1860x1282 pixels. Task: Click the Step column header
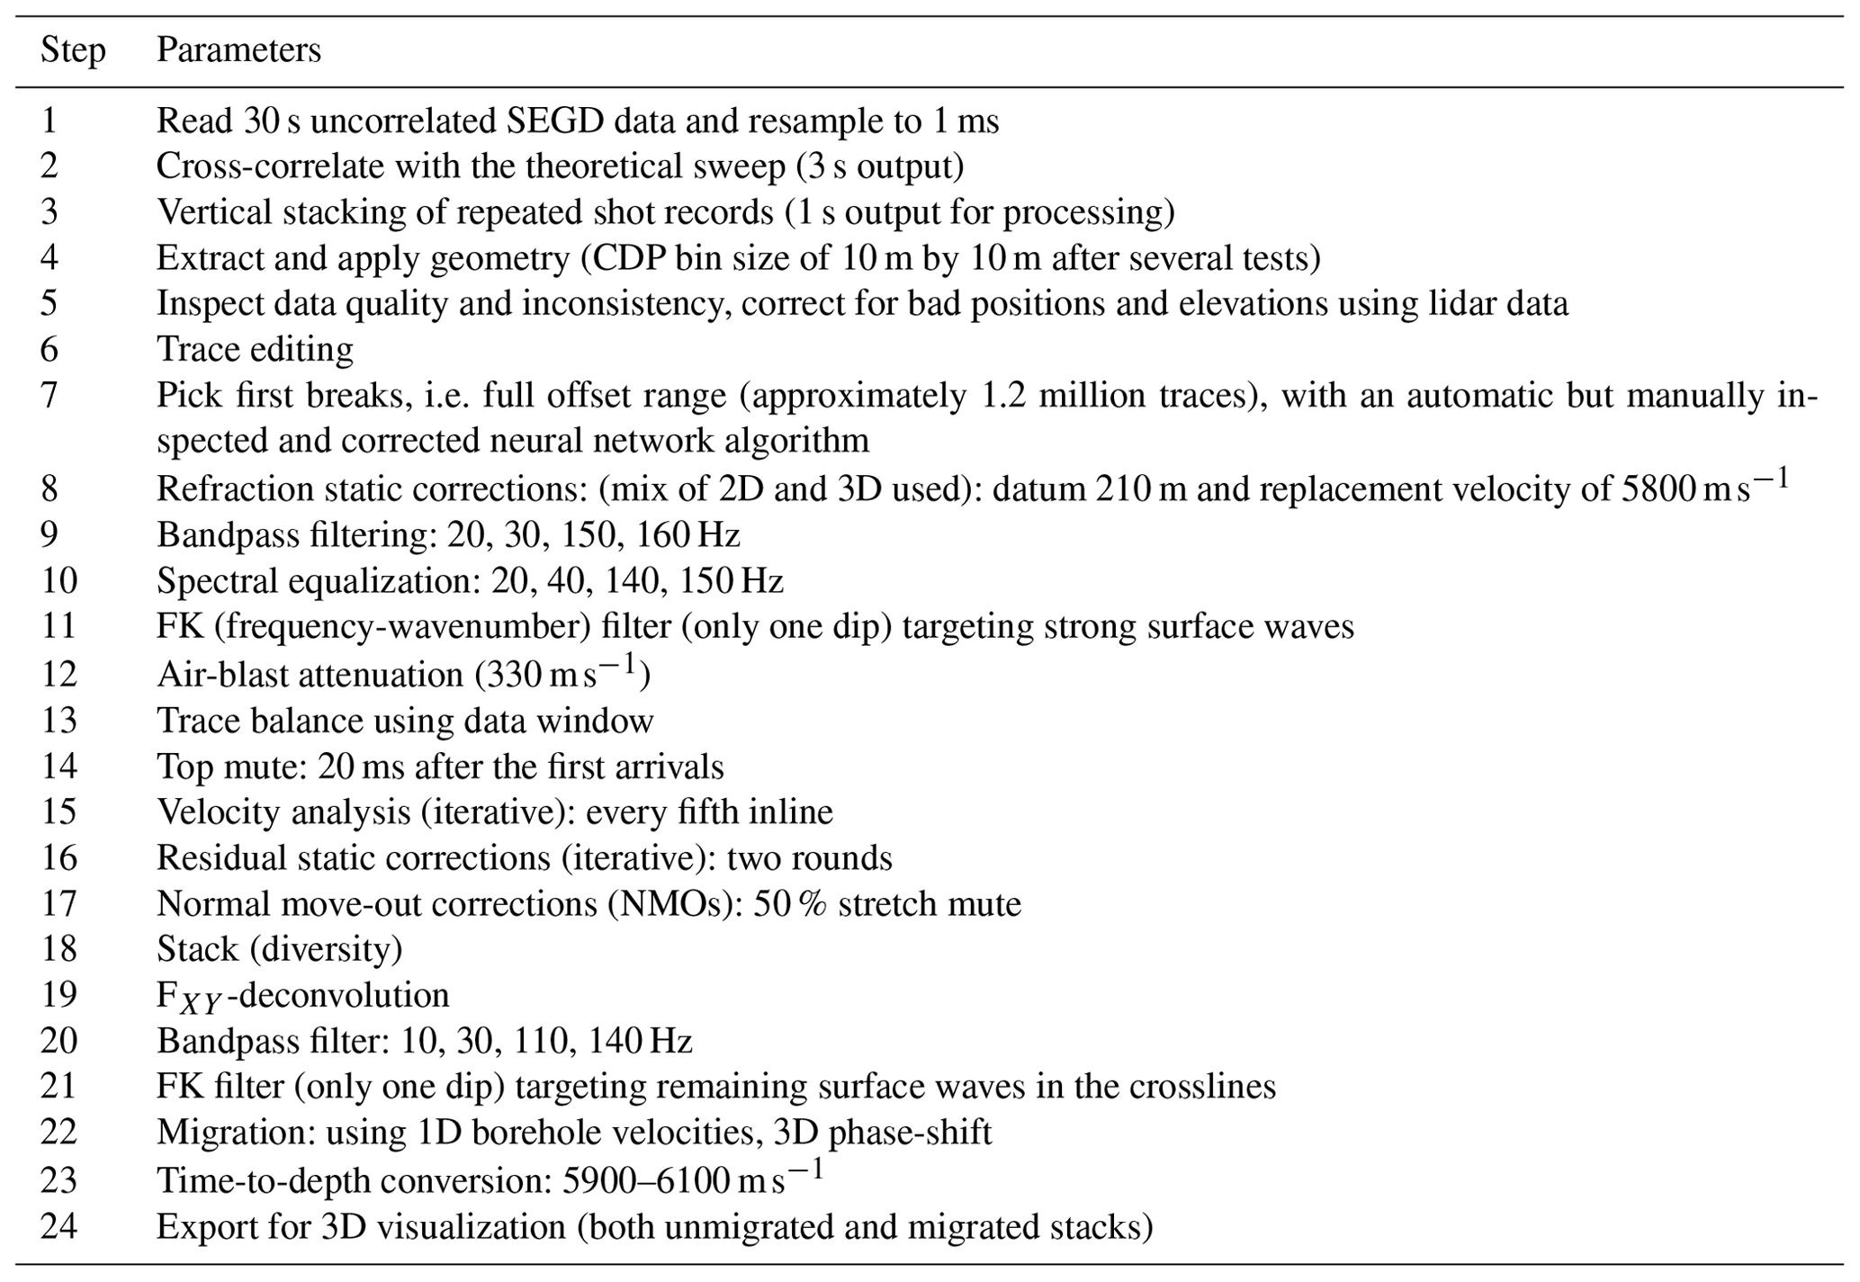[72, 50]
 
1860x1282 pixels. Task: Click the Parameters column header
[238, 50]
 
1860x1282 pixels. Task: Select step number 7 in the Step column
[49, 396]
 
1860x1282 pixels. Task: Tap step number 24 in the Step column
[58, 1227]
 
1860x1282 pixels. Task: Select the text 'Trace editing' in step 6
[255, 349]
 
